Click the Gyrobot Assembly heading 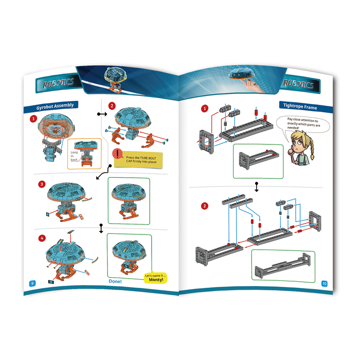coord(55,106)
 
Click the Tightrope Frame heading coord(300,106)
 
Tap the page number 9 coord(32,283)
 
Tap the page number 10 coord(324,283)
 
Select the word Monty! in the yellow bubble coord(156,279)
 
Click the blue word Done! coord(115,282)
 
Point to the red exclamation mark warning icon coord(117,153)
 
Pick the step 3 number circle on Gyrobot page coord(42,184)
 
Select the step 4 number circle coord(42,238)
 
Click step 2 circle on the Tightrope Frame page coord(205,206)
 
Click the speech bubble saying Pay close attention coord(303,124)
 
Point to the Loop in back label coord(74,156)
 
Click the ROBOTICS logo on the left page coord(58,83)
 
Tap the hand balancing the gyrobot coord(253,85)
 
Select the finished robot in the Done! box coord(129,256)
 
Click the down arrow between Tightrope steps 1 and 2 coord(256,187)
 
